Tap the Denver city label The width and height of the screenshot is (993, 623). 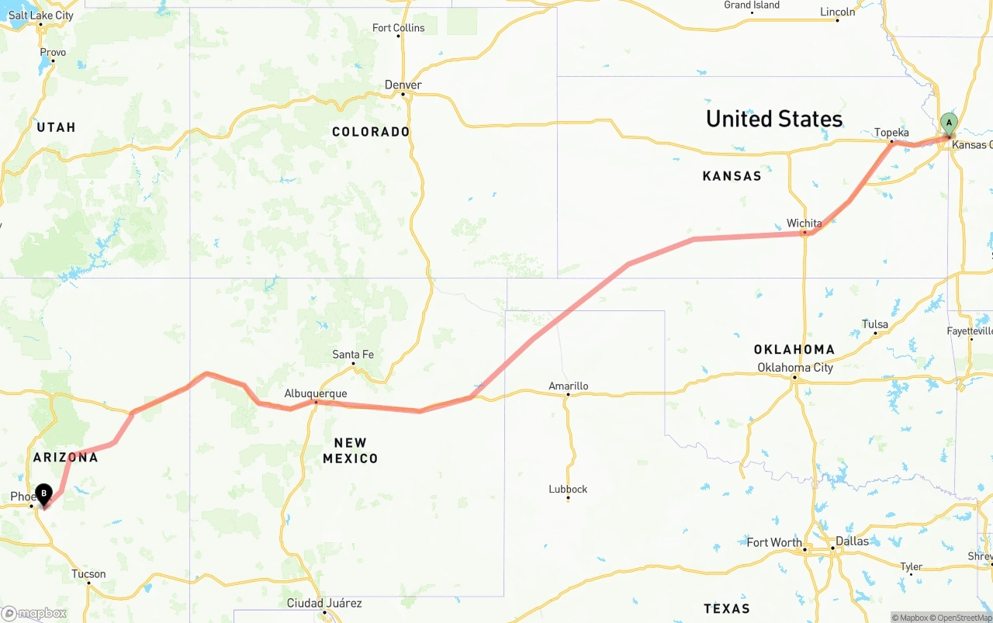click(x=403, y=85)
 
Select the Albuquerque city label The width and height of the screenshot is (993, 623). click(x=316, y=393)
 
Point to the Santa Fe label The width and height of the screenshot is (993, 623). click(x=353, y=355)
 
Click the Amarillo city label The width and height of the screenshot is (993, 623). click(x=568, y=386)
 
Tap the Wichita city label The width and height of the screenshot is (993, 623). click(x=804, y=223)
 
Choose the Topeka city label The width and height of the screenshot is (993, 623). click(x=891, y=133)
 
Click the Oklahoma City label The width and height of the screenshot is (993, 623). click(x=795, y=367)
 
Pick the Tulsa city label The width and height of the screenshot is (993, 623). click(x=875, y=324)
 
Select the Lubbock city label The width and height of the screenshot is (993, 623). click(x=568, y=489)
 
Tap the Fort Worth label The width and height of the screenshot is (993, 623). click(x=774, y=542)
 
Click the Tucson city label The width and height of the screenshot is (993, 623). click(x=88, y=574)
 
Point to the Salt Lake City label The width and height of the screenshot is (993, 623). click(x=41, y=16)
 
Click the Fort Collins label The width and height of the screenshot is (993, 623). click(x=399, y=28)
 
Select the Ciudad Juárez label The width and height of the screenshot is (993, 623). click(x=324, y=603)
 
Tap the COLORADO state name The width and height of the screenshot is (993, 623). click(x=371, y=132)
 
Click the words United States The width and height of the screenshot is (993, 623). click(x=773, y=119)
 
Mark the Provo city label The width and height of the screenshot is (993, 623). click(x=53, y=53)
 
